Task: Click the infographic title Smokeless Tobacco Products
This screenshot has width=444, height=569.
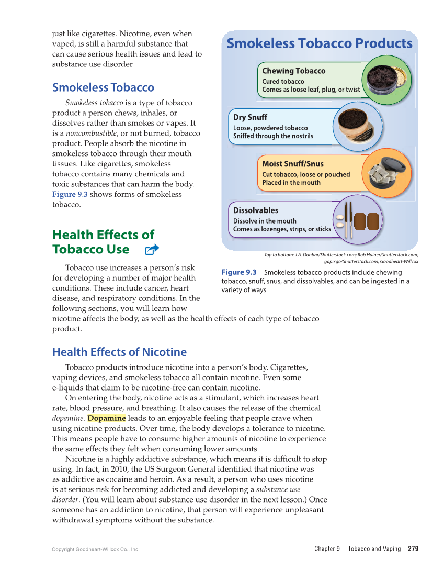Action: coord(320,43)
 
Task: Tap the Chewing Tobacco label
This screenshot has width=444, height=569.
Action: coord(293,71)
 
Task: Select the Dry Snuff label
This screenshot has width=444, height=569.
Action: coord(250,117)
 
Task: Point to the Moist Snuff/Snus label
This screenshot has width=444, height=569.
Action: coord(292,164)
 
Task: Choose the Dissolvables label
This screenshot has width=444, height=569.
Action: coord(256,210)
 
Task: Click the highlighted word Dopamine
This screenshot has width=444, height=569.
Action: coord(107,418)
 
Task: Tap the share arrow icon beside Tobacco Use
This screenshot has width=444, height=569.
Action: coord(152,250)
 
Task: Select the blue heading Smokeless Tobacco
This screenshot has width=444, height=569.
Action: coord(103,87)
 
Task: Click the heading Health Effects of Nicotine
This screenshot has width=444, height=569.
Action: coord(119,352)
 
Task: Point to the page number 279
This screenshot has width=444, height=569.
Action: coord(413,549)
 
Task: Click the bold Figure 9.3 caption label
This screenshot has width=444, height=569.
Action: coord(239,272)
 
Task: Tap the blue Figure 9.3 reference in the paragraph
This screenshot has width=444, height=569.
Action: coord(70,194)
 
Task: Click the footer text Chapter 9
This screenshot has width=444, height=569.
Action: coord(327,549)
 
